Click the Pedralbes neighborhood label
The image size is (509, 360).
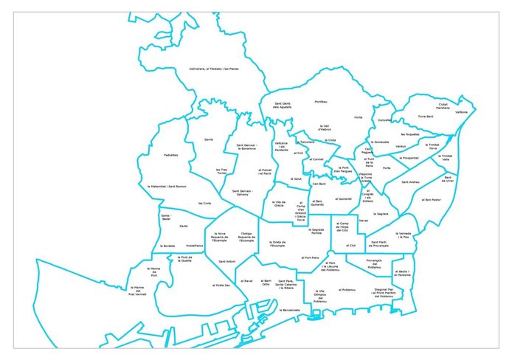tap(170, 155)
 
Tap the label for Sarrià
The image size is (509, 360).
tap(209, 138)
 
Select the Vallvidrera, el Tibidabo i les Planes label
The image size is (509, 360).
tap(214, 69)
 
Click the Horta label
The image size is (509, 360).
tap(359, 117)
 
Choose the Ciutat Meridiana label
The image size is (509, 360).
tap(443, 106)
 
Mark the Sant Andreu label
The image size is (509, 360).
tap(411, 181)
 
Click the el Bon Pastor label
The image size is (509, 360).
tap(432, 199)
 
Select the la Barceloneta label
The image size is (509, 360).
tap(290, 310)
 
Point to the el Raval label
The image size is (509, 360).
tap(248, 281)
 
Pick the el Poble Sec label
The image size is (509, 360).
tap(221, 285)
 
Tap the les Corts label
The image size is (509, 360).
tap(205, 203)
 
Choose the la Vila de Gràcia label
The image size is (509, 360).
tap(278, 203)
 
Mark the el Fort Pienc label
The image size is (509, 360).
tap(311, 257)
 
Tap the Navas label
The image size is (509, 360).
tap(364, 220)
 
